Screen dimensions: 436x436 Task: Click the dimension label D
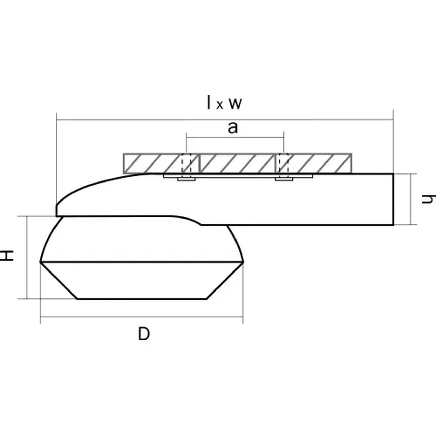(144, 334)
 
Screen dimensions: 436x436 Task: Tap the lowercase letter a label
(233, 128)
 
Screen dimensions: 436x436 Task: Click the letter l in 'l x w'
(209, 102)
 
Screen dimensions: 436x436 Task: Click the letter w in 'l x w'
(235, 103)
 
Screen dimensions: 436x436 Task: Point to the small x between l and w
(220, 105)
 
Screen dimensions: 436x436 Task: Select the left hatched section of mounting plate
(152, 163)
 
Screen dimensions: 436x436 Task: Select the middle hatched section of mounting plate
(237, 163)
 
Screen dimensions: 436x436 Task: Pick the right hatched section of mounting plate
(319, 163)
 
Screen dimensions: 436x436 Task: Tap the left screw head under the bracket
(186, 179)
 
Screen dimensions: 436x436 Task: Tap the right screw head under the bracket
(284, 179)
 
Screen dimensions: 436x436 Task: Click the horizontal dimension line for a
(235, 137)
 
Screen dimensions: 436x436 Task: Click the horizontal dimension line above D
(142, 317)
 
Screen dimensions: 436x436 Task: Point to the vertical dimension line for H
(27, 257)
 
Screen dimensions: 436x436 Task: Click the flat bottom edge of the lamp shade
(142, 299)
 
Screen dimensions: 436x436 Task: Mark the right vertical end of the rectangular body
(393, 199)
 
